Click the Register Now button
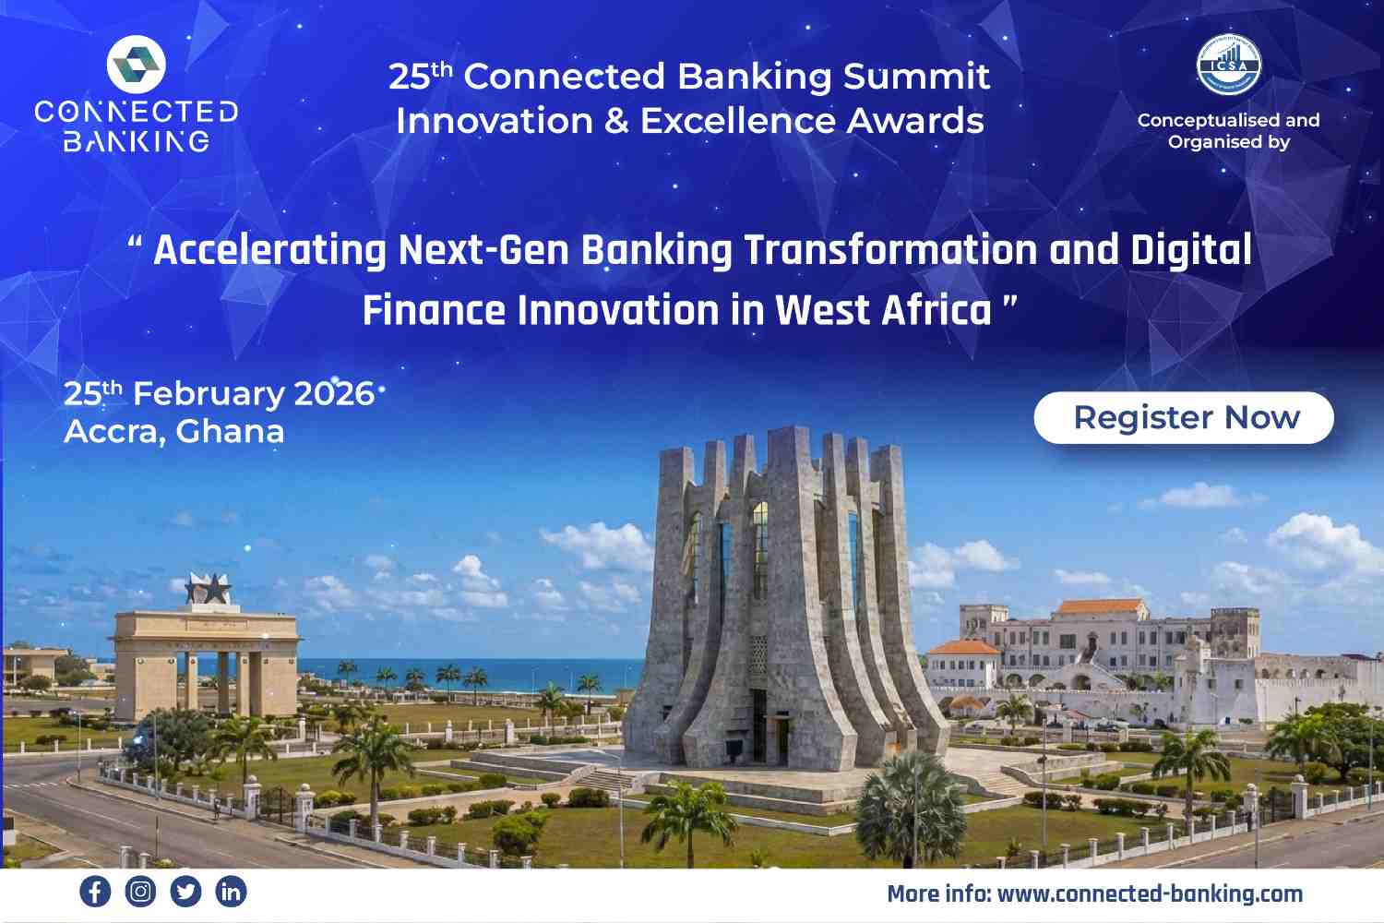tap(1183, 418)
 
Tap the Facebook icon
tap(95, 891)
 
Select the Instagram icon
tap(140, 891)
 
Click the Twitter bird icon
tap(185, 891)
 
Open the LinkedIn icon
tap(231, 891)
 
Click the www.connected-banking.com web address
tap(1150, 894)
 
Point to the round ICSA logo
tap(1229, 65)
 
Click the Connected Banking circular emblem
tap(136, 65)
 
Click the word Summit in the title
tap(916, 77)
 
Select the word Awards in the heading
tap(914, 121)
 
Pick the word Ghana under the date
tap(230, 432)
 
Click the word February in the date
tap(209, 394)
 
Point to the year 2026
tap(334, 394)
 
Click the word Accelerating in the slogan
tap(270, 250)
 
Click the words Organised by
tap(1228, 142)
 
